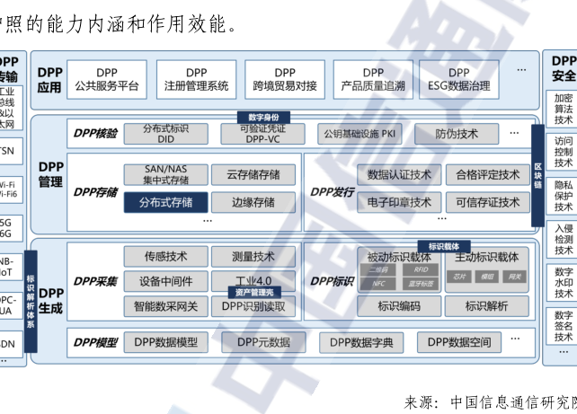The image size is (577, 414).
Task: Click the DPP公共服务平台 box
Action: [108, 79]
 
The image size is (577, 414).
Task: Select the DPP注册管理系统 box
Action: [196, 79]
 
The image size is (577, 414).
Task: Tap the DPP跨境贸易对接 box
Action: [285, 79]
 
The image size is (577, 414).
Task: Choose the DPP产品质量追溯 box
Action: [373, 79]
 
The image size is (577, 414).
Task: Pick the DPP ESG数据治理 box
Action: [459, 79]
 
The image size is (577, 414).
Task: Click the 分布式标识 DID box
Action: [165, 134]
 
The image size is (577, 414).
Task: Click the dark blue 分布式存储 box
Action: [165, 202]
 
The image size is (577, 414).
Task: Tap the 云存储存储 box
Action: [253, 175]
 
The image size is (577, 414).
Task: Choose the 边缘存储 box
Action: [253, 202]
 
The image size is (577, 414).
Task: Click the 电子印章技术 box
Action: [400, 202]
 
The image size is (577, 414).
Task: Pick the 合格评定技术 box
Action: [488, 175]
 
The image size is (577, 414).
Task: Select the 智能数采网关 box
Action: [165, 305]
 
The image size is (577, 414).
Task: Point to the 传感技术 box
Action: [165, 258]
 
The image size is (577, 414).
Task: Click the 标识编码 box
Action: [400, 305]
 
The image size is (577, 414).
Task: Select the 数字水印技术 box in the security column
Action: [564, 282]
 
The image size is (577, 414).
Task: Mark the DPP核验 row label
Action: [94, 134]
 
